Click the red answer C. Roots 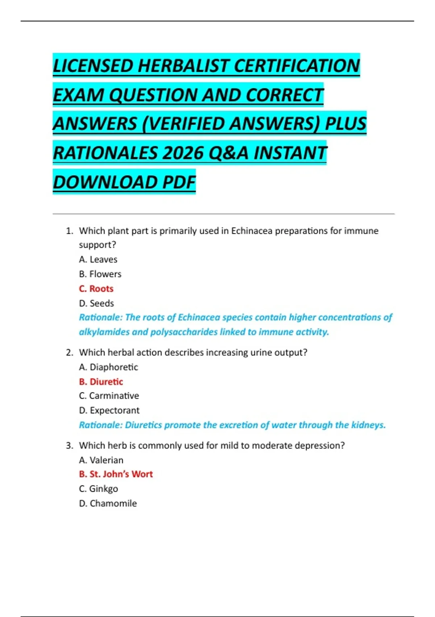pos(96,289)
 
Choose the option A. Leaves pos(98,260)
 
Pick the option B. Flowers pos(100,274)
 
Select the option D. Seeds pos(96,303)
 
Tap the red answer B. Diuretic pos(101,381)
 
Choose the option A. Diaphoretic pos(108,367)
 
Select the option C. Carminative pos(109,396)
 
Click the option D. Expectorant pos(109,410)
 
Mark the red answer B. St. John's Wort pos(116,474)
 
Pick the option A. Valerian pos(101,460)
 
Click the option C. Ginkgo pos(98,489)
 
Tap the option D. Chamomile pos(108,503)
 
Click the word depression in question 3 pos(319,445)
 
